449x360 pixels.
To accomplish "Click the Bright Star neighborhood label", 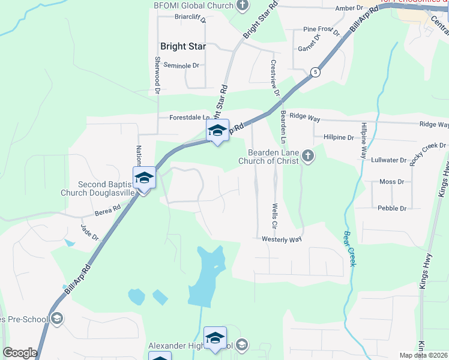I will click(x=183, y=46).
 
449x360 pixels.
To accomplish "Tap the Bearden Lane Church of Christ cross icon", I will click(x=308, y=156).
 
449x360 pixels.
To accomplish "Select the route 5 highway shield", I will click(x=315, y=72).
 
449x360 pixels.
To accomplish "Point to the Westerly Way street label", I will click(x=281, y=239).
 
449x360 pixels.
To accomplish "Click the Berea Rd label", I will click(x=108, y=209).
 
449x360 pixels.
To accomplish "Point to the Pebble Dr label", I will click(x=392, y=208).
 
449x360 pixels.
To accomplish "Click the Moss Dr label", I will click(x=393, y=181).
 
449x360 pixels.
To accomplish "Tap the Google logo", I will click(x=20, y=353).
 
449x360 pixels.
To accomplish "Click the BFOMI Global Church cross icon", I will click(x=243, y=6).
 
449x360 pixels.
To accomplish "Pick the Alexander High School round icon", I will click(x=242, y=344).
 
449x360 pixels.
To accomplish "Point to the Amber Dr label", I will click(x=349, y=8).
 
